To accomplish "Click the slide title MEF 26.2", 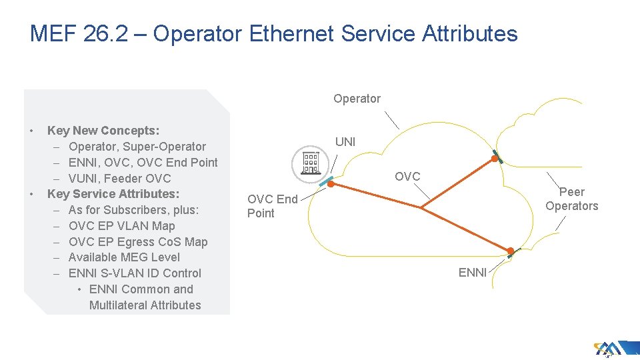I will (x=273, y=33).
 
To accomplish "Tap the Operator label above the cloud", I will (x=357, y=99).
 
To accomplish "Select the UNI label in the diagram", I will (x=345, y=142).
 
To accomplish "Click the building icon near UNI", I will (x=311, y=161).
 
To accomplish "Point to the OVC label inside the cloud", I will (x=407, y=177).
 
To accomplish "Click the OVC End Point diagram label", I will (x=272, y=206).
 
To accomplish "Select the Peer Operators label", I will (x=571, y=199).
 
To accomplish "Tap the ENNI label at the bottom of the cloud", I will (x=472, y=272).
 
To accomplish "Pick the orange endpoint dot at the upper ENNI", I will (x=494, y=159).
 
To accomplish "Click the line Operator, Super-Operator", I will (x=137, y=147).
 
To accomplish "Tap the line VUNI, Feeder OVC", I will (x=119, y=179).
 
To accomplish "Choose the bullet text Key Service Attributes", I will (x=113, y=194).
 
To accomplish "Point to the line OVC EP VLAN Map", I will (x=121, y=226).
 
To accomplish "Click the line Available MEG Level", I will (x=124, y=257).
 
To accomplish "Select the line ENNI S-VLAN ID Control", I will (x=135, y=273).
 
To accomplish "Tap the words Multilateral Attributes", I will (x=145, y=305).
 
